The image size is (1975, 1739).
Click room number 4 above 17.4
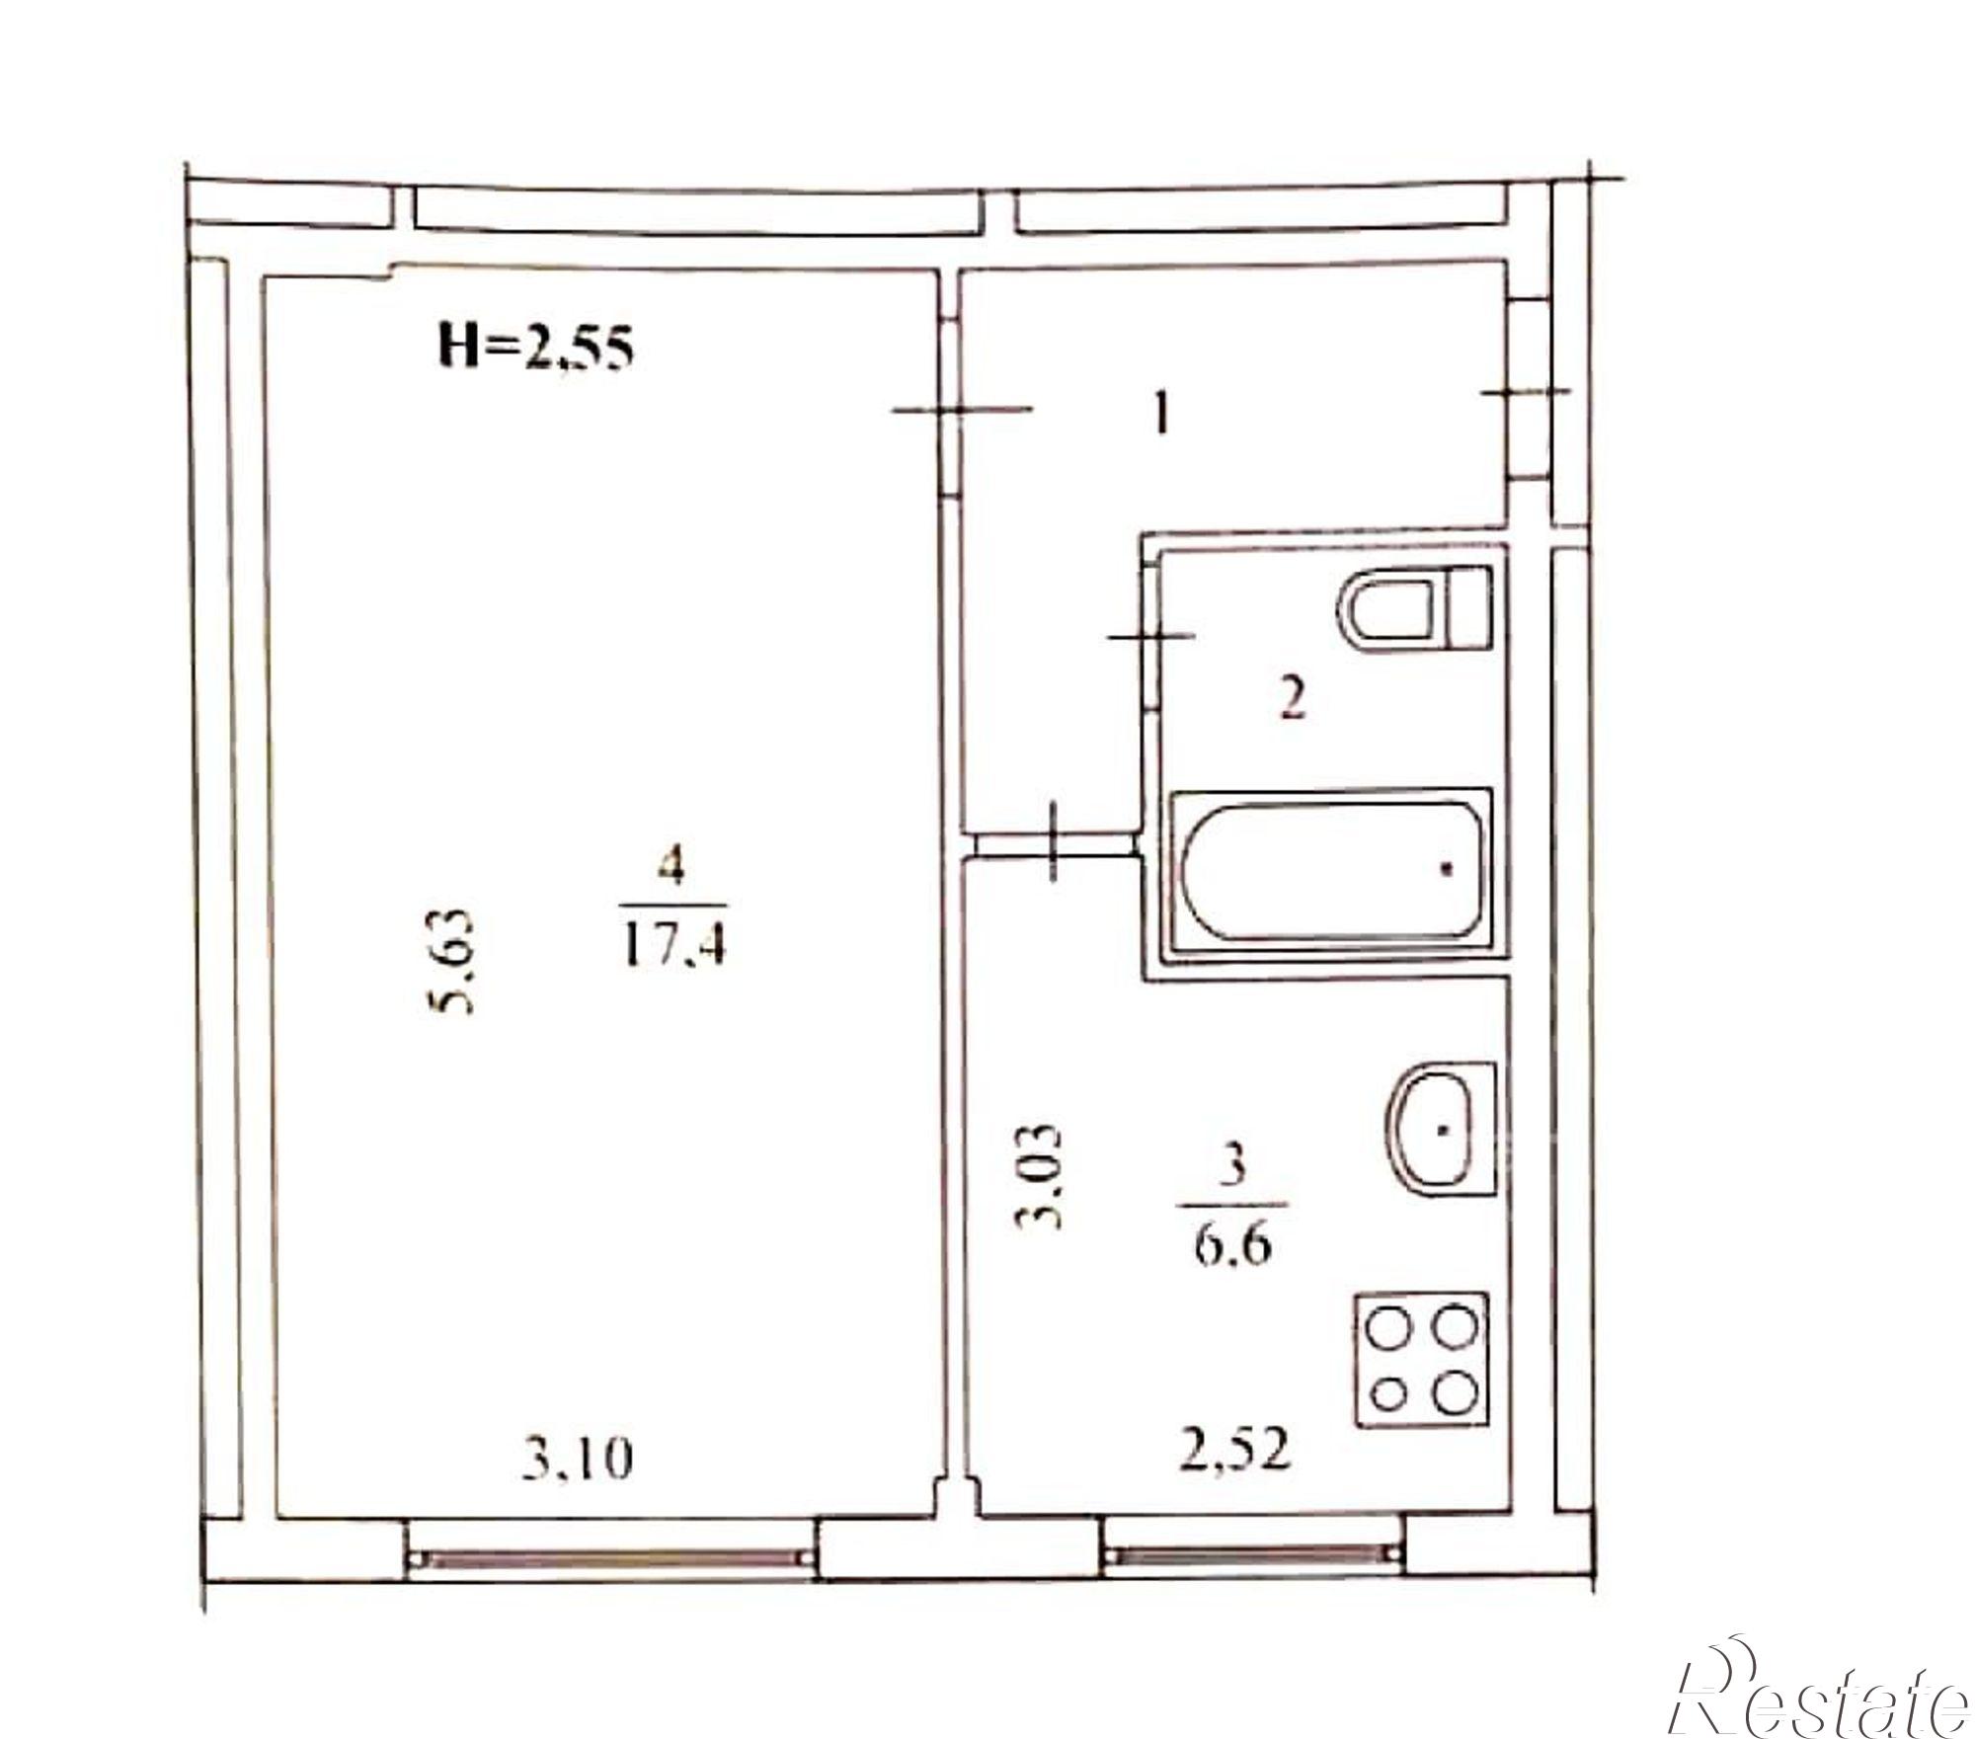pos(674,870)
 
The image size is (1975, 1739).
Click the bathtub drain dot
pos(1447,869)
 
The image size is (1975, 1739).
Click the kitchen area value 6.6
pos(1233,1247)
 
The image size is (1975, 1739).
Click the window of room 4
pos(612,1557)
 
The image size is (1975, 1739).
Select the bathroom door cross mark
pos(1151,637)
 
